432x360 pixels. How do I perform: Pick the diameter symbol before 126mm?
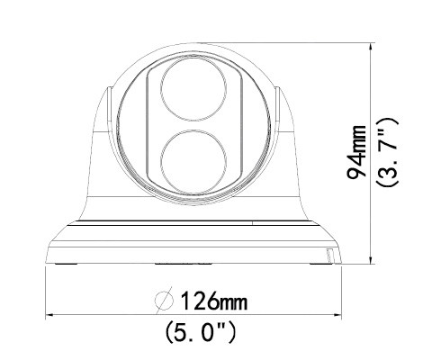click(165, 299)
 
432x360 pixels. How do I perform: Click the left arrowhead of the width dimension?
click(50, 315)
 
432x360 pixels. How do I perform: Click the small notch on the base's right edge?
click(329, 257)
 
